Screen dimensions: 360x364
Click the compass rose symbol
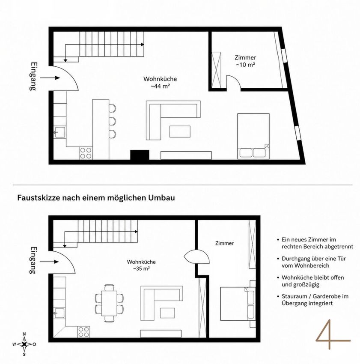coord(24,344)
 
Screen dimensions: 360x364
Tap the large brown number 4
coord(332,335)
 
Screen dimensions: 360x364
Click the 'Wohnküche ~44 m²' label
coord(160,82)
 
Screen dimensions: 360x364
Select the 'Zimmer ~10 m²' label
coord(245,61)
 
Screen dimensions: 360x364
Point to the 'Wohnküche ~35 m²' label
coord(141,265)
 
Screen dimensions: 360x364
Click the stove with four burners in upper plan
coord(86,153)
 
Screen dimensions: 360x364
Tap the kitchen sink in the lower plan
coord(60,313)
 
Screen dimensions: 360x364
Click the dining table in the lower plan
coord(109,303)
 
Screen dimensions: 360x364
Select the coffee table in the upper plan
coord(180,131)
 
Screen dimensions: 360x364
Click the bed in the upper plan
coord(253,136)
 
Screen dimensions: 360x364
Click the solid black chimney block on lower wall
coord(140,155)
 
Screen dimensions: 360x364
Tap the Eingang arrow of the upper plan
coord(50,78)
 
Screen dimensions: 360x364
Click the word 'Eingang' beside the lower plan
coord(33,260)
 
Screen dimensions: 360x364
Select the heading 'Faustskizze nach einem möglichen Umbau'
coord(96,198)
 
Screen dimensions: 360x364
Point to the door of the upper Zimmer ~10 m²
coord(233,82)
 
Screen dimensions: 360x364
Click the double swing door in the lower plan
coord(197,256)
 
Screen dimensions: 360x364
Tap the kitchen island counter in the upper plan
coord(101,129)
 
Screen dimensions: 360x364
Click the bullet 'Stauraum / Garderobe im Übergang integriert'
coord(312,300)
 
